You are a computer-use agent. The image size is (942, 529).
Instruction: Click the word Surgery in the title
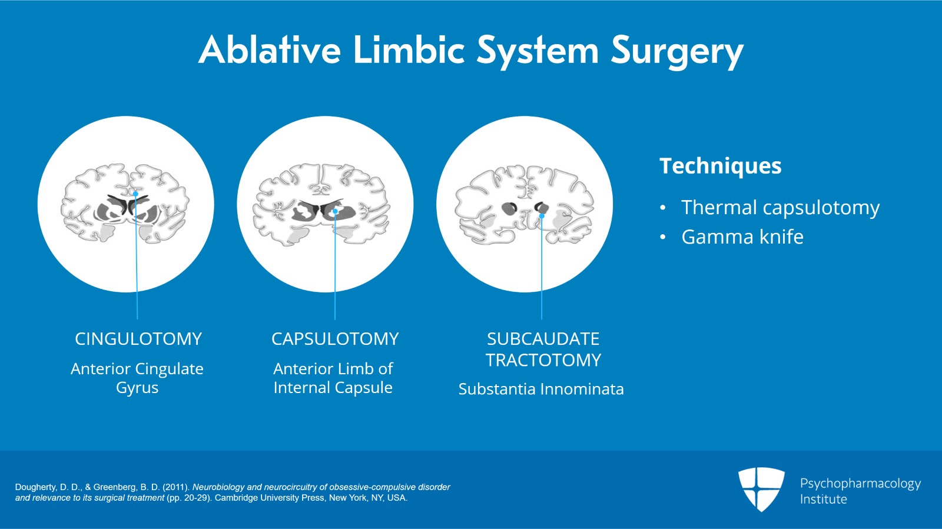tap(677, 51)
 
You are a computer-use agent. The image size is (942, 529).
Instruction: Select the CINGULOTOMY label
tap(138, 339)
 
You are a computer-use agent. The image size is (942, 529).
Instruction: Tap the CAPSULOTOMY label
tap(335, 339)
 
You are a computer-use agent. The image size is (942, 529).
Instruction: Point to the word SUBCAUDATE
tap(543, 339)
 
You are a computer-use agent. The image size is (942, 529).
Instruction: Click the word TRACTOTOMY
tap(543, 360)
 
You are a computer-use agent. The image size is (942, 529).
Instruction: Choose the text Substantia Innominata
tap(541, 389)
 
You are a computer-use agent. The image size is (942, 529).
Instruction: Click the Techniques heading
tap(720, 166)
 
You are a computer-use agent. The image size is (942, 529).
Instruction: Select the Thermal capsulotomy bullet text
tap(780, 208)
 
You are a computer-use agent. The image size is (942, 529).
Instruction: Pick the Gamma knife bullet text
tap(742, 237)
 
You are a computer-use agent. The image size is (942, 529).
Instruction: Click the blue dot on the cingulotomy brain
tap(135, 194)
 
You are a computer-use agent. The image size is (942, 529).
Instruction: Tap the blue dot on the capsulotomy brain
tap(335, 211)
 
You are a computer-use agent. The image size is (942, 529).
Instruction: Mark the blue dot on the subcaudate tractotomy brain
tap(542, 216)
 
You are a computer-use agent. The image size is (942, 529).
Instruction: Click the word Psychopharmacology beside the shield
tap(860, 484)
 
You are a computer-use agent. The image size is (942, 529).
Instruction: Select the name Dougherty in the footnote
tap(36, 487)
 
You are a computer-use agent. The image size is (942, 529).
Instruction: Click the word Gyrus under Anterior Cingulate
tap(137, 388)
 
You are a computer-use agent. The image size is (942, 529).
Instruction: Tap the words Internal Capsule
tap(333, 388)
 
